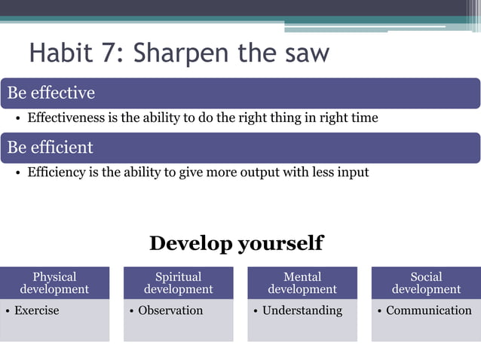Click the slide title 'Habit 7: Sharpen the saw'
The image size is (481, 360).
179,54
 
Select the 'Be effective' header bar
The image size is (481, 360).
240,93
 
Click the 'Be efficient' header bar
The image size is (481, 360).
240,148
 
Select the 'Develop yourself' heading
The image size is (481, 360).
236,243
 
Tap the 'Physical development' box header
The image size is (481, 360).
54,283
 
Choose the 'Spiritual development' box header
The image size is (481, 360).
179,283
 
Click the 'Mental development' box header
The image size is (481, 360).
302,283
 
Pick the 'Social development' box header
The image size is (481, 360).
426,283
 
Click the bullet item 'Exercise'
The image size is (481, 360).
36,310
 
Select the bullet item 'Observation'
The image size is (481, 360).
170,310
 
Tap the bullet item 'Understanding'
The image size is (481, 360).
302,310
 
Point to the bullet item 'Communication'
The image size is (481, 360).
428,310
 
